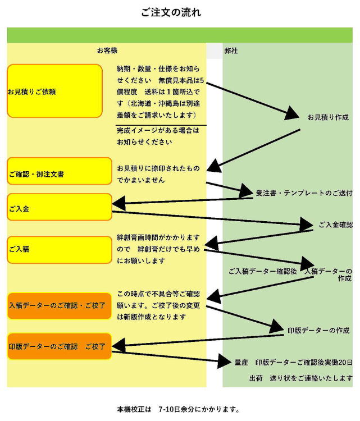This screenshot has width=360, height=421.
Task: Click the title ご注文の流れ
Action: click(171, 12)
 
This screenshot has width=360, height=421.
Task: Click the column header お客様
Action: click(107, 51)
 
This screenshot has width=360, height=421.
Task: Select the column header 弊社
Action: click(231, 51)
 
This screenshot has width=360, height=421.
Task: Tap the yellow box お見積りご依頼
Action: click(55, 91)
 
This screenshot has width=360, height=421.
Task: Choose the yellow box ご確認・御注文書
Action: click(60, 171)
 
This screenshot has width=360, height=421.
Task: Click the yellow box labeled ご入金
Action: click(60, 207)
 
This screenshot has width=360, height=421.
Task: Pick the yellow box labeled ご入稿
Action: click(60, 250)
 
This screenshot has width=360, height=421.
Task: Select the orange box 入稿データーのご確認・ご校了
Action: click(60, 306)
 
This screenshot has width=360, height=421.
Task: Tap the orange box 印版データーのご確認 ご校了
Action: click(60, 346)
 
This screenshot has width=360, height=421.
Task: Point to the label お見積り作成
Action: click(328, 117)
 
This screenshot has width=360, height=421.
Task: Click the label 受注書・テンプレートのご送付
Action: click(304, 193)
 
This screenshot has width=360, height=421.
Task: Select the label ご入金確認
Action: click(335, 225)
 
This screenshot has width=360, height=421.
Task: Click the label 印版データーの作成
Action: click(318, 330)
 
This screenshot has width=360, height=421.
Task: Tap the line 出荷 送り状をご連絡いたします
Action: click(301, 378)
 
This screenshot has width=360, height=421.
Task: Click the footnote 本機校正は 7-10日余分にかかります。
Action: click(178, 409)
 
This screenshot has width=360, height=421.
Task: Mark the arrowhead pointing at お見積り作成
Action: click(291, 113)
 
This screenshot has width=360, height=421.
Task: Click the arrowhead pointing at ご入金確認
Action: click(306, 224)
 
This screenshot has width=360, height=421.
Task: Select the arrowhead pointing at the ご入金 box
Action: click(119, 204)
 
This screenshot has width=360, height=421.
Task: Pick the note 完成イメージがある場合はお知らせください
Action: click(158, 136)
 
